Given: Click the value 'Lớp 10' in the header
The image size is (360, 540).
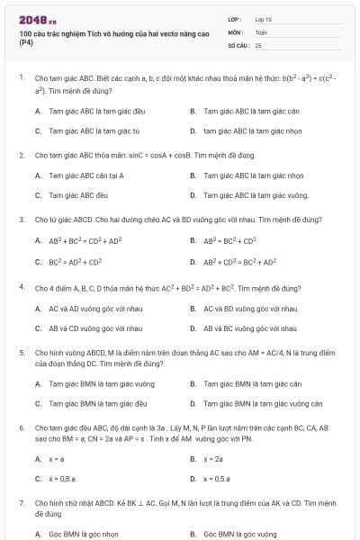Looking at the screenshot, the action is coord(264,19).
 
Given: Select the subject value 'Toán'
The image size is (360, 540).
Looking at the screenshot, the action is coord(261,31).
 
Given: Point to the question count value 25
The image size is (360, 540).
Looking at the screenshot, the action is coord(258,44).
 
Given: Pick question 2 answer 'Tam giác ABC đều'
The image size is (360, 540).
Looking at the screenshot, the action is coord(78,194).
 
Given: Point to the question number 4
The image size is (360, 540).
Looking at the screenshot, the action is coord(21,286).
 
